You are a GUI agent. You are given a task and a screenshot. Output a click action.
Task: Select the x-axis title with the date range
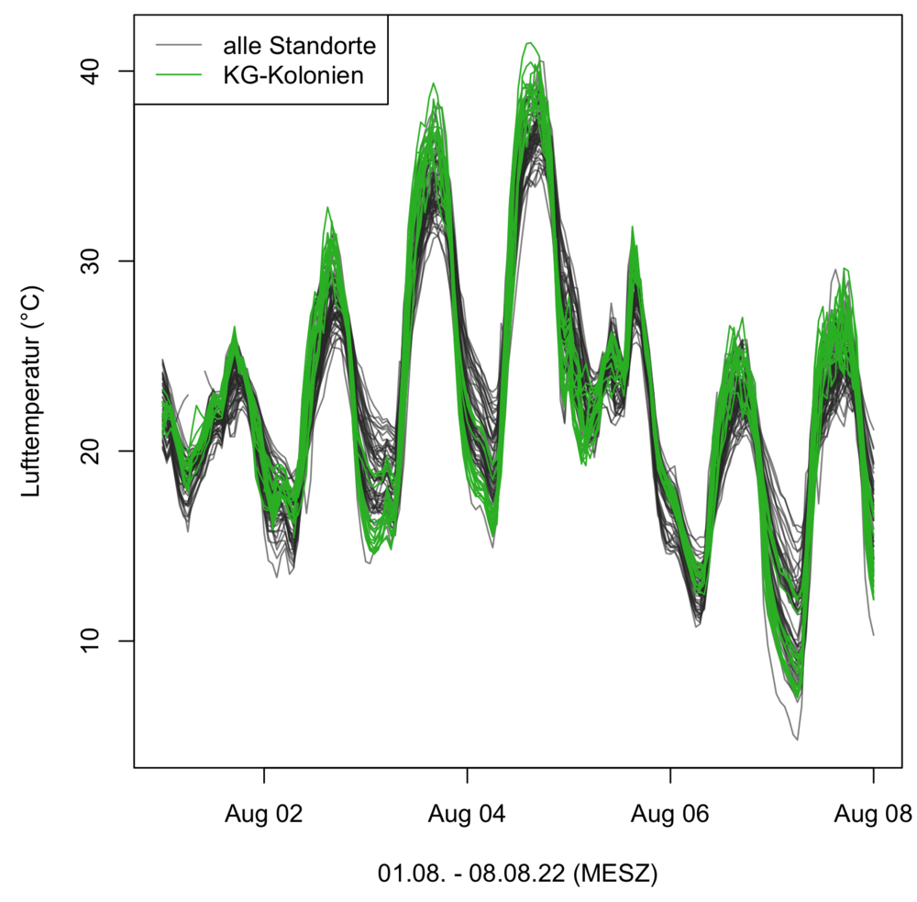(517, 873)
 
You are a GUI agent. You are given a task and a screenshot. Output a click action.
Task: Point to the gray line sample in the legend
(178, 44)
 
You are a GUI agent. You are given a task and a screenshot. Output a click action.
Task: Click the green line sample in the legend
(178, 75)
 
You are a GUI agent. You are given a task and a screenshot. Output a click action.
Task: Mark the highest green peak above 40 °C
(529, 43)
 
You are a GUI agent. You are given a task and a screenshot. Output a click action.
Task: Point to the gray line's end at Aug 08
(873, 634)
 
